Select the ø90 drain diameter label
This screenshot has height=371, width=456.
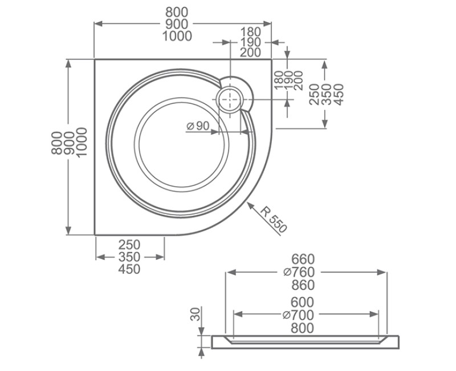198,126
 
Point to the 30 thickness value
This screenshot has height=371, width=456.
196,314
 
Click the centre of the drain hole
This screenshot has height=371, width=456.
231,99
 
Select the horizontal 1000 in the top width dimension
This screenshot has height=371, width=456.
177,36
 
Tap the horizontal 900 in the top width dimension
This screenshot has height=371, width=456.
177,24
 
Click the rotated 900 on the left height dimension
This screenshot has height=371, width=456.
69,146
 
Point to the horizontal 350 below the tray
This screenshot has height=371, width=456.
129,257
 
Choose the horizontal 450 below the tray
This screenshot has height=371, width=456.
129,269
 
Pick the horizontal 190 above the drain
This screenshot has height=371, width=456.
250,42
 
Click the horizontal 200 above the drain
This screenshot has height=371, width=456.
250,53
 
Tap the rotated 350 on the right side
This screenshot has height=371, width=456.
326,95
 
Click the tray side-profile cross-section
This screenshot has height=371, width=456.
305,342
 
